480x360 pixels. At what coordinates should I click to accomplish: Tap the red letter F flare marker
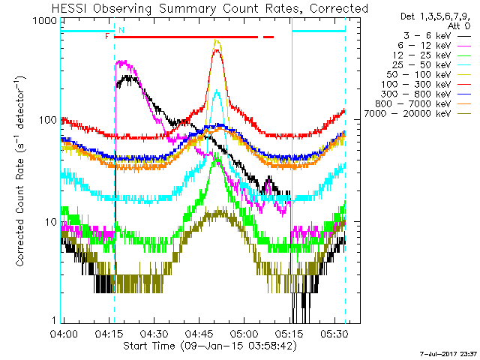click(107, 36)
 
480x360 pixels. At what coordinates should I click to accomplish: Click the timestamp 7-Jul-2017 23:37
click(448, 352)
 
